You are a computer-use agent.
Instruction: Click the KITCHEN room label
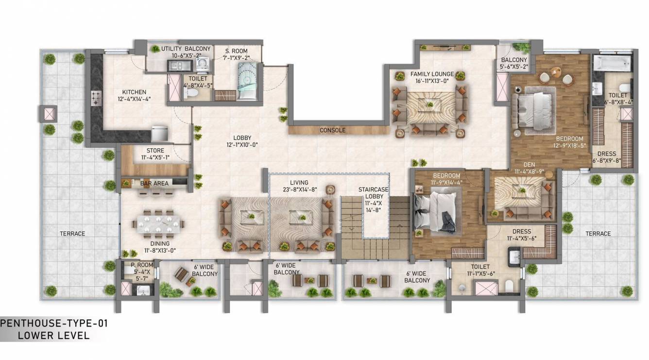coord(134,92)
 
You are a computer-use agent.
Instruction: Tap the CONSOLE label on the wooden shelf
coord(332,130)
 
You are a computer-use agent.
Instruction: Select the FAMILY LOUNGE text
coord(432,74)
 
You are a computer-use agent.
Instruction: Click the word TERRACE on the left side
coord(72,234)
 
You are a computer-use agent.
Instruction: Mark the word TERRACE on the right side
coord(598,234)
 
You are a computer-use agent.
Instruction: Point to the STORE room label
coord(155,151)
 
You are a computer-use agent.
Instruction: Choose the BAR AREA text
coord(154,183)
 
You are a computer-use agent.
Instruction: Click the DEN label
coord(528,164)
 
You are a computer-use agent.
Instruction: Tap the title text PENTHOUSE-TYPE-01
coord(54,323)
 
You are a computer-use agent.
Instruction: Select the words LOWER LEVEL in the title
coord(53,335)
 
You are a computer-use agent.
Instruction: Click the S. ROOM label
coord(236,51)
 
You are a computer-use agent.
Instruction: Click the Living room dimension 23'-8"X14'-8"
coord(300,189)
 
